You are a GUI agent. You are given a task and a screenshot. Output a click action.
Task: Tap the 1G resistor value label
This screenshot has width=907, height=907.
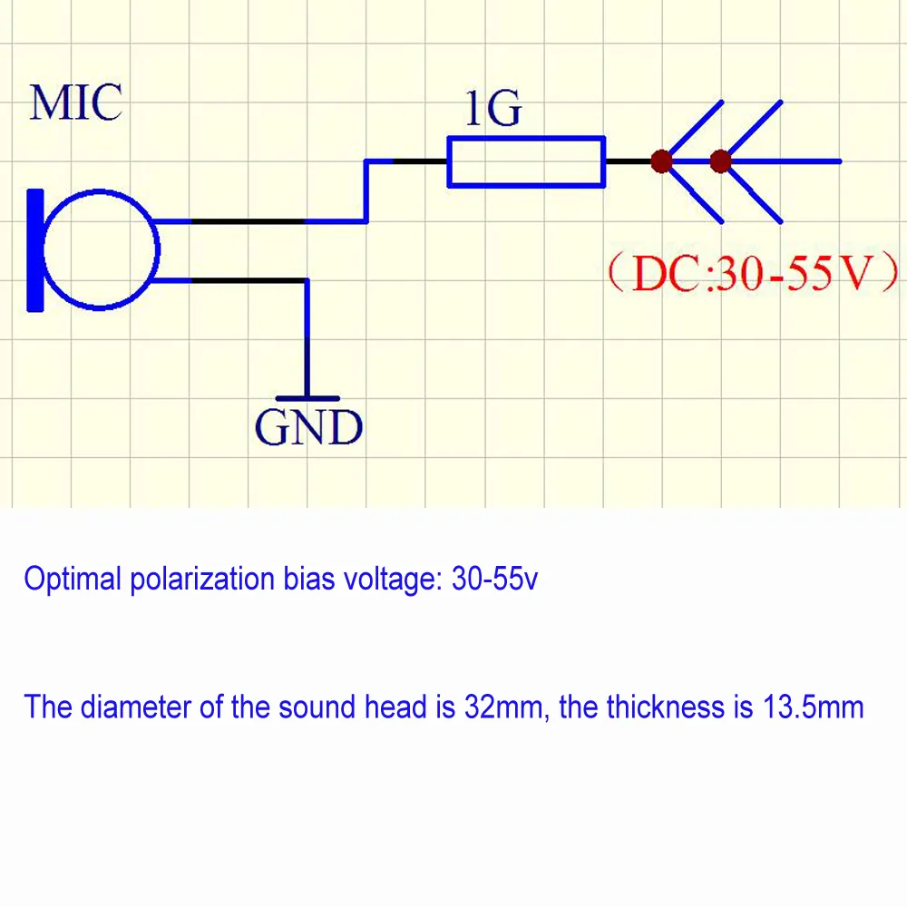[493, 110]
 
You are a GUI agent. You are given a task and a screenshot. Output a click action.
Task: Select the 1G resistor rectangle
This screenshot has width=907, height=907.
[526, 162]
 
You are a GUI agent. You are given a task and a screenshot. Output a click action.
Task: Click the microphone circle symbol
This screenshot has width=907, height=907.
[101, 248]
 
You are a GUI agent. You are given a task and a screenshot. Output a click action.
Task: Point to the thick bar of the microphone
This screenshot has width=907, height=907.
[35, 249]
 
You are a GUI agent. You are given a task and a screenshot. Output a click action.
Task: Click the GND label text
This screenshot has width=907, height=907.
[308, 427]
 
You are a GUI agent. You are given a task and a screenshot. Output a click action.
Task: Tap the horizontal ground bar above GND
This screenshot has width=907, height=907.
[307, 398]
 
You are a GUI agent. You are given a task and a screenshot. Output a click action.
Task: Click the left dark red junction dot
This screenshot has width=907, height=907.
[661, 162]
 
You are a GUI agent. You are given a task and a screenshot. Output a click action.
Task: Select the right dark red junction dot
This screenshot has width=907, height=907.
[720, 162]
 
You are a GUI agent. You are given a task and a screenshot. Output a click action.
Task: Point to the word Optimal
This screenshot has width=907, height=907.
[73, 580]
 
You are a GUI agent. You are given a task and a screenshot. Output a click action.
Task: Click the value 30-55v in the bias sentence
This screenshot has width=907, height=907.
[494, 580]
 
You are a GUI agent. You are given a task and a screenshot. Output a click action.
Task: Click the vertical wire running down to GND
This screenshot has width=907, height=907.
[307, 340]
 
